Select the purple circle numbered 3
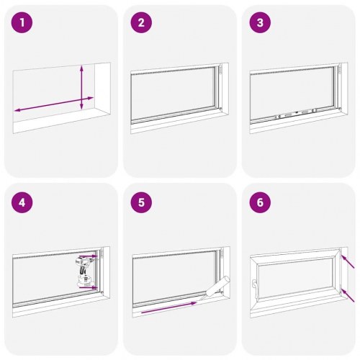[x=260, y=23]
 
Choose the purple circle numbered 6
[x=260, y=202]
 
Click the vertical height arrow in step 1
[x=82, y=87]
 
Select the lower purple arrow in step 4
[x=91, y=287]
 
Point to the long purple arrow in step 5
[x=168, y=308]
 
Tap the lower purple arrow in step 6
[x=348, y=293]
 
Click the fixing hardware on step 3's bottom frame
[x=292, y=114]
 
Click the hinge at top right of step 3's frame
[x=337, y=73]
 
